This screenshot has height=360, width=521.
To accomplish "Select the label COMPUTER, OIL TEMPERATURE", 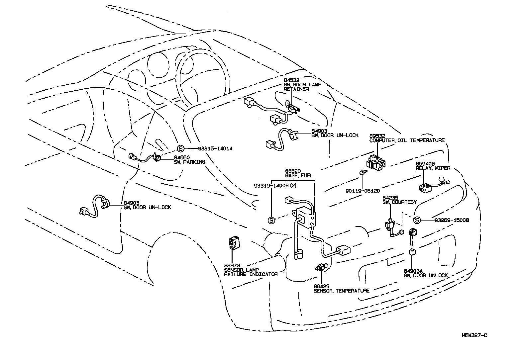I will coord(407,140).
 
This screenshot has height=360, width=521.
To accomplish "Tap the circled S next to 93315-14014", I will coord(180,149).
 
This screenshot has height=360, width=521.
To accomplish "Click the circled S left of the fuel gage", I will coord(271,220).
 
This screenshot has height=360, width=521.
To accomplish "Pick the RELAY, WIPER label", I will coord(433,168).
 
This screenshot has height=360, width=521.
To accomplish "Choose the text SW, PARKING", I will coord(189,162).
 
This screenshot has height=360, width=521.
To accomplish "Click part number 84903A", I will coord(413,271).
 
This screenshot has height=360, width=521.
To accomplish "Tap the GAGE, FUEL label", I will coord(299,175).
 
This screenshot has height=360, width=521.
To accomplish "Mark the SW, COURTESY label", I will coord(399,202).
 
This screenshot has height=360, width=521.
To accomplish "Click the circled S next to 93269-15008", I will coord(417,220).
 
